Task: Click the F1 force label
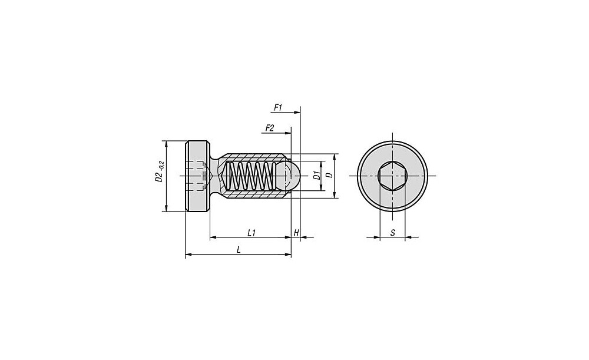pyautogui.click(x=277, y=107)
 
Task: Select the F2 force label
pyautogui.click(x=269, y=128)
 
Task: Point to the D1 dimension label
pyautogui.click(x=317, y=176)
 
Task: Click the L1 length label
pyautogui.click(x=252, y=233)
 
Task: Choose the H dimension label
pyautogui.click(x=296, y=233)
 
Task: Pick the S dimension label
pyautogui.click(x=392, y=233)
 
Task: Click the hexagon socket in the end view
pyautogui.click(x=392, y=176)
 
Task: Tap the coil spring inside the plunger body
pyautogui.click(x=250, y=176)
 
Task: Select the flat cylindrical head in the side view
pyautogui.click(x=197, y=176)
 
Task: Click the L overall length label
pyautogui.click(x=239, y=250)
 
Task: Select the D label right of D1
pyautogui.click(x=329, y=176)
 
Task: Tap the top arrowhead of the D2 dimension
pyautogui.click(x=166, y=144)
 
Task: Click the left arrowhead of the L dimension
pyautogui.click(x=189, y=255)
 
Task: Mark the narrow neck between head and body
pyautogui.click(x=214, y=176)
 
